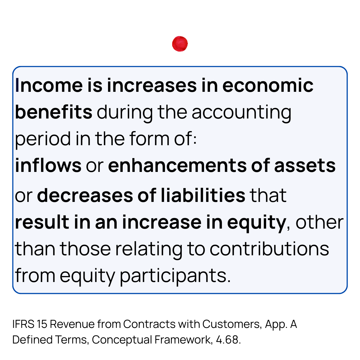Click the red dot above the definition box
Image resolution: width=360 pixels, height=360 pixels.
(180, 44)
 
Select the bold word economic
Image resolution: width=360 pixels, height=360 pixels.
(268, 85)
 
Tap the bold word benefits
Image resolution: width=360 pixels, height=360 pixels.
(54, 112)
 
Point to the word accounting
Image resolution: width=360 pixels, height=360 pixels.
(241, 112)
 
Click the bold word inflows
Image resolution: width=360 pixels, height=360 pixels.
(48, 166)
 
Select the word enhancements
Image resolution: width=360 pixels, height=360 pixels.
(178, 166)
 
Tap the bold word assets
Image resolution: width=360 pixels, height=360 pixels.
(305, 166)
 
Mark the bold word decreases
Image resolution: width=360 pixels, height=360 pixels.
(85, 195)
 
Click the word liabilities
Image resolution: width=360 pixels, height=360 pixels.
(203, 195)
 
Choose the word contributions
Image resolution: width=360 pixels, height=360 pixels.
(269, 249)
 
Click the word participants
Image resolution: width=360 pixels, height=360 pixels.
(175, 276)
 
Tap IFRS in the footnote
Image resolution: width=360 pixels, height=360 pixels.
(23, 324)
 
